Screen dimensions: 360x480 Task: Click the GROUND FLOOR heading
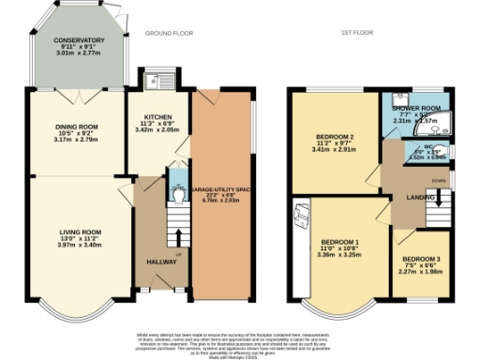tap(169, 33)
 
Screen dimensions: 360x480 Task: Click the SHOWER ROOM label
tap(415, 109)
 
